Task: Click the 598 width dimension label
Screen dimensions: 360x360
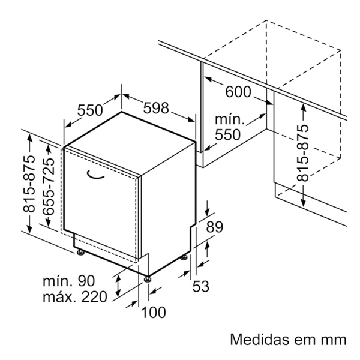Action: (x=156, y=109)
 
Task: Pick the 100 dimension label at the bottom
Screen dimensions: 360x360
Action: (x=153, y=312)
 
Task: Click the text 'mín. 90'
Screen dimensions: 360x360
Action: (x=69, y=281)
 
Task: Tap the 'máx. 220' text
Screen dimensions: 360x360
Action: (x=74, y=296)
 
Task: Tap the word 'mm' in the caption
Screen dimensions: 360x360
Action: (x=333, y=339)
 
